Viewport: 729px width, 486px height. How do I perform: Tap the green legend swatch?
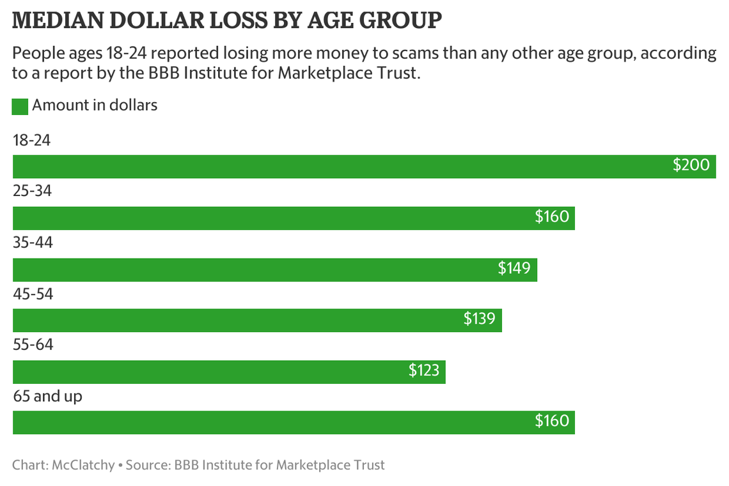coord(20,106)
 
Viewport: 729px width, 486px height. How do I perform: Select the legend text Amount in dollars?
coord(95,105)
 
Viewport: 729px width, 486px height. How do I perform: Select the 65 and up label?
coord(48,397)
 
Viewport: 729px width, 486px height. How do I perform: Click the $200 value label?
coord(691,165)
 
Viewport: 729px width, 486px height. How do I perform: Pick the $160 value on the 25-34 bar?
coord(551,217)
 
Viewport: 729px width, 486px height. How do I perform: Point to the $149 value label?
coord(514,268)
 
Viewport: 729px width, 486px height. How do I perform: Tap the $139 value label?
coord(479,319)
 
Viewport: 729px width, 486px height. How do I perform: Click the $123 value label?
coord(423,370)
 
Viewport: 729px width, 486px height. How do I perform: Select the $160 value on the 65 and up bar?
coord(551,421)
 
